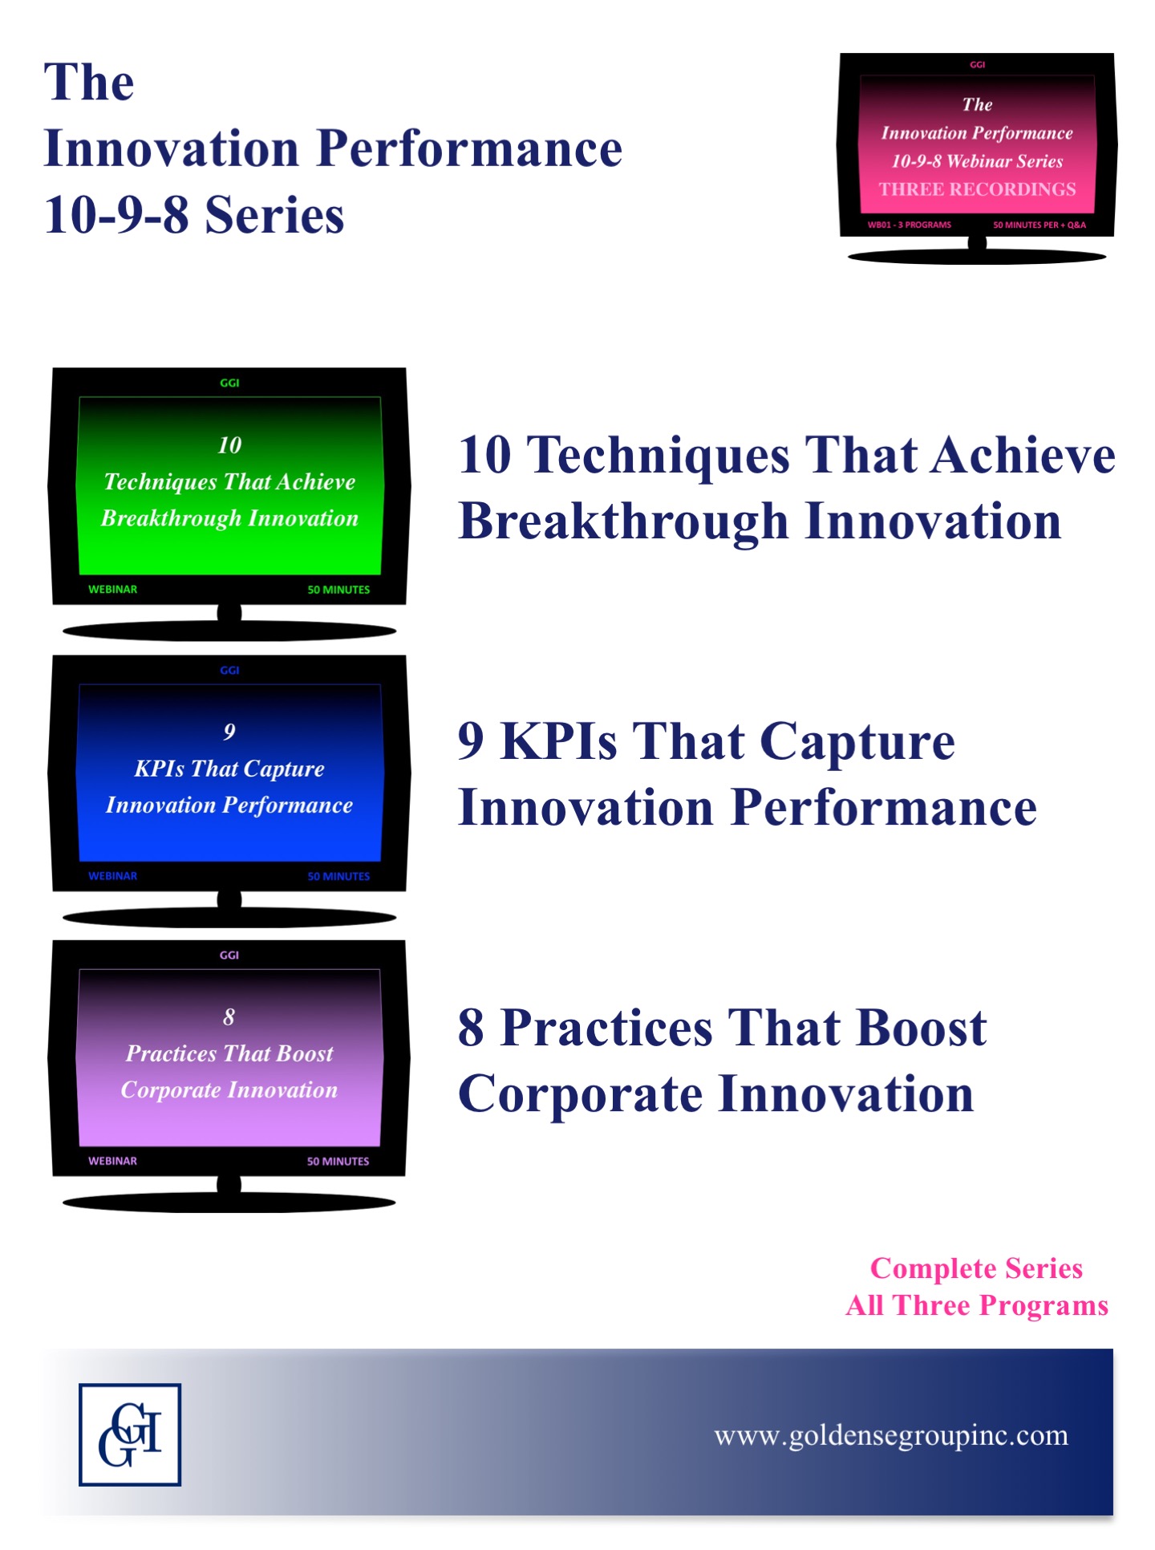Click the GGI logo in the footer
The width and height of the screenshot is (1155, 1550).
pos(130,1434)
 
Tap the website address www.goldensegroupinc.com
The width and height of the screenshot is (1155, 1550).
pos(891,1435)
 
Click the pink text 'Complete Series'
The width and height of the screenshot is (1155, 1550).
pos(976,1268)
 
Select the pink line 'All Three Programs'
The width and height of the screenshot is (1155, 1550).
pos(977,1306)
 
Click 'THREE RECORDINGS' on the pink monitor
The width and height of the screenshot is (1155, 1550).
pos(977,189)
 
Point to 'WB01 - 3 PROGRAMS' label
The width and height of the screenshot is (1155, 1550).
pos(909,225)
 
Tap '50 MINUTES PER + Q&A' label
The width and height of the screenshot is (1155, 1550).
pos(1039,225)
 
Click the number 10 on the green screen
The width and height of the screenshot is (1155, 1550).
pos(229,445)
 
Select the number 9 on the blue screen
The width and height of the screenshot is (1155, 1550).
pos(229,732)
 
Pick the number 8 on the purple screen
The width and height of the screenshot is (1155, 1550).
pos(229,1017)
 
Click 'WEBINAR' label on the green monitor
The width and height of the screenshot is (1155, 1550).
pos(112,590)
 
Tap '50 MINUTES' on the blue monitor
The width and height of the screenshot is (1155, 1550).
pos(338,876)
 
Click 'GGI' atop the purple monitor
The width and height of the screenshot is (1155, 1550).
pos(229,956)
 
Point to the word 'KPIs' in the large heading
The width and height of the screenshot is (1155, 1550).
pos(559,741)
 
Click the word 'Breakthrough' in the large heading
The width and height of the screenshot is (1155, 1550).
pos(623,522)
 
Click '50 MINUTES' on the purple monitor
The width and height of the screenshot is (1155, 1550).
pos(338,1161)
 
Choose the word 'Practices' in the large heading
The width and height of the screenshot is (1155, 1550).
pos(606,1028)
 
